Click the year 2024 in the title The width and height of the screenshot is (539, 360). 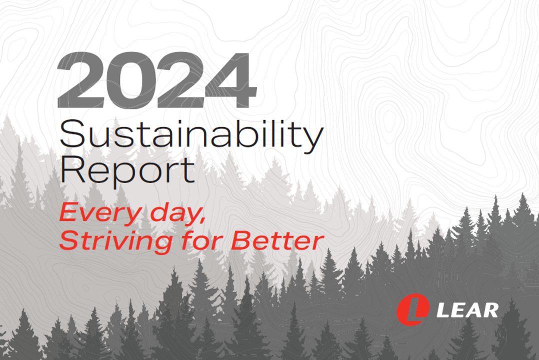point(157,80)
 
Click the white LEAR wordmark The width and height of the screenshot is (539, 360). point(467,310)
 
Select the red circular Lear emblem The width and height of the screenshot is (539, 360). point(413,309)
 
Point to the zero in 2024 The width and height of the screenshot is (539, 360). point(130,80)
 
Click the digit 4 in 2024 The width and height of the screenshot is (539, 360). point(230,80)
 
